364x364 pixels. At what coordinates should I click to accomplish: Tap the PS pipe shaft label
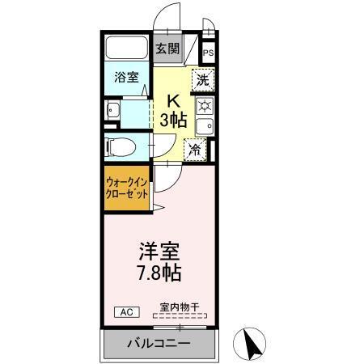point(209,53)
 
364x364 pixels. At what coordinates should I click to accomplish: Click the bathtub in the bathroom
point(127,49)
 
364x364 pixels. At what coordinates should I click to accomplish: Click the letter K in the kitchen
point(172,101)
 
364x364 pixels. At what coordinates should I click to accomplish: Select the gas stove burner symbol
point(205,106)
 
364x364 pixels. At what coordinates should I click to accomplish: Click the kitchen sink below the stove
point(205,126)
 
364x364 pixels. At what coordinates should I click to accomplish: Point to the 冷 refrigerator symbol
point(196,149)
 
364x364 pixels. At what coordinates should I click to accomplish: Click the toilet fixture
point(116,147)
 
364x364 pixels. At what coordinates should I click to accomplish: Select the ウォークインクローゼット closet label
point(127,188)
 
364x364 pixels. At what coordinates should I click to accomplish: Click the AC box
point(127,311)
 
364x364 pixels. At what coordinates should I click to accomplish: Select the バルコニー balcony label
point(159,344)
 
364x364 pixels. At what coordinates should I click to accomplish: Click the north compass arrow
point(252,344)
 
